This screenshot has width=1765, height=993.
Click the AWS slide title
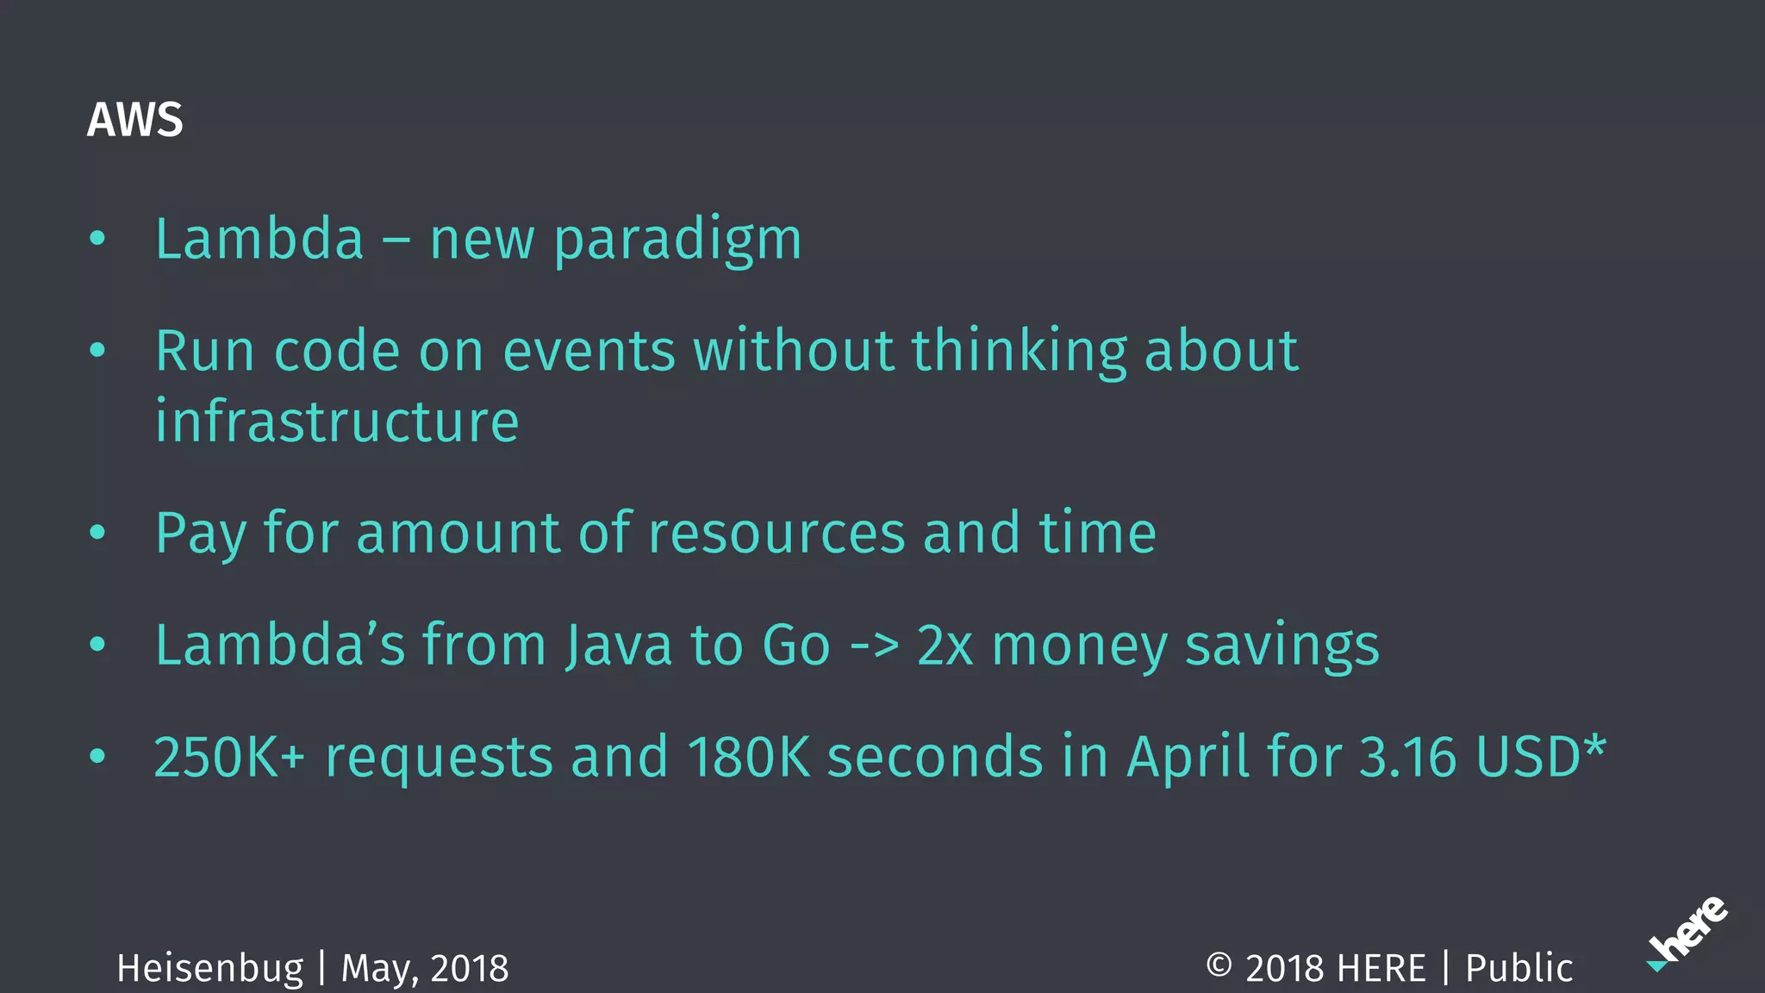coord(134,120)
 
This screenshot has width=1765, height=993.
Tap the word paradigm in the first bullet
coord(677,240)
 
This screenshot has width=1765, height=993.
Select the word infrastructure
coord(337,422)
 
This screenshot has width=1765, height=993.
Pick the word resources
coord(776,533)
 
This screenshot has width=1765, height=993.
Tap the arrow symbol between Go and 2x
coord(874,646)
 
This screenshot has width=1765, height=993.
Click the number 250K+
coord(229,757)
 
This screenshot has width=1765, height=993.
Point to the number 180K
coord(749,757)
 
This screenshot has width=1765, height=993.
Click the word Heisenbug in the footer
coord(210,969)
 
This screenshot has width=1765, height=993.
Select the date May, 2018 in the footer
coord(425,969)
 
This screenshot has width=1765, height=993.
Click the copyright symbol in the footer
coord(1219,965)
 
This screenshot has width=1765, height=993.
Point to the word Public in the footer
coord(1519,969)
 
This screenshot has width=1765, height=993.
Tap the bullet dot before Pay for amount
coord(97,533)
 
